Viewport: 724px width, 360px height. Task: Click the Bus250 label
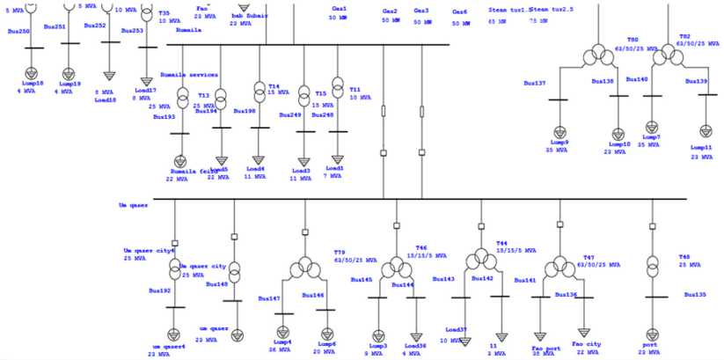click(18, 31)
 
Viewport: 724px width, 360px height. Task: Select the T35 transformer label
click(165, 14)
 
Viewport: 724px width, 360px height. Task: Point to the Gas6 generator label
click(459, 12)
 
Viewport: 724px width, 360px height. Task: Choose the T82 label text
click(684, 37)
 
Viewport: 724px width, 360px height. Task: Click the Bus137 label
click(535, 84)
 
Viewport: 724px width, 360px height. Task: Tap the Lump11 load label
click(701, 147)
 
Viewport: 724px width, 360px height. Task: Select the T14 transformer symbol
click(259, 91)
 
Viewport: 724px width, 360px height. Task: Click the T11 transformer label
click(355, 89)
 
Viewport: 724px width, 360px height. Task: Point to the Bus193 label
click(165, 116)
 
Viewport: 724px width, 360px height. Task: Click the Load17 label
click(145, 90)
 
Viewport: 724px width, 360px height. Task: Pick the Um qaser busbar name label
click(132, 205)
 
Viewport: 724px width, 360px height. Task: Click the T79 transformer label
click(340, 253)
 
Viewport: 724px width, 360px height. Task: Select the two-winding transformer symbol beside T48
click(652, 265)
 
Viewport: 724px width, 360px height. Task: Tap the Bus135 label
click(695, 295)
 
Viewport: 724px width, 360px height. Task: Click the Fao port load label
click(546, 349)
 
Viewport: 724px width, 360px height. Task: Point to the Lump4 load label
click(282, 342)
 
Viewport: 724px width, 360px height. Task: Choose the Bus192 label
click(159, 290)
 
